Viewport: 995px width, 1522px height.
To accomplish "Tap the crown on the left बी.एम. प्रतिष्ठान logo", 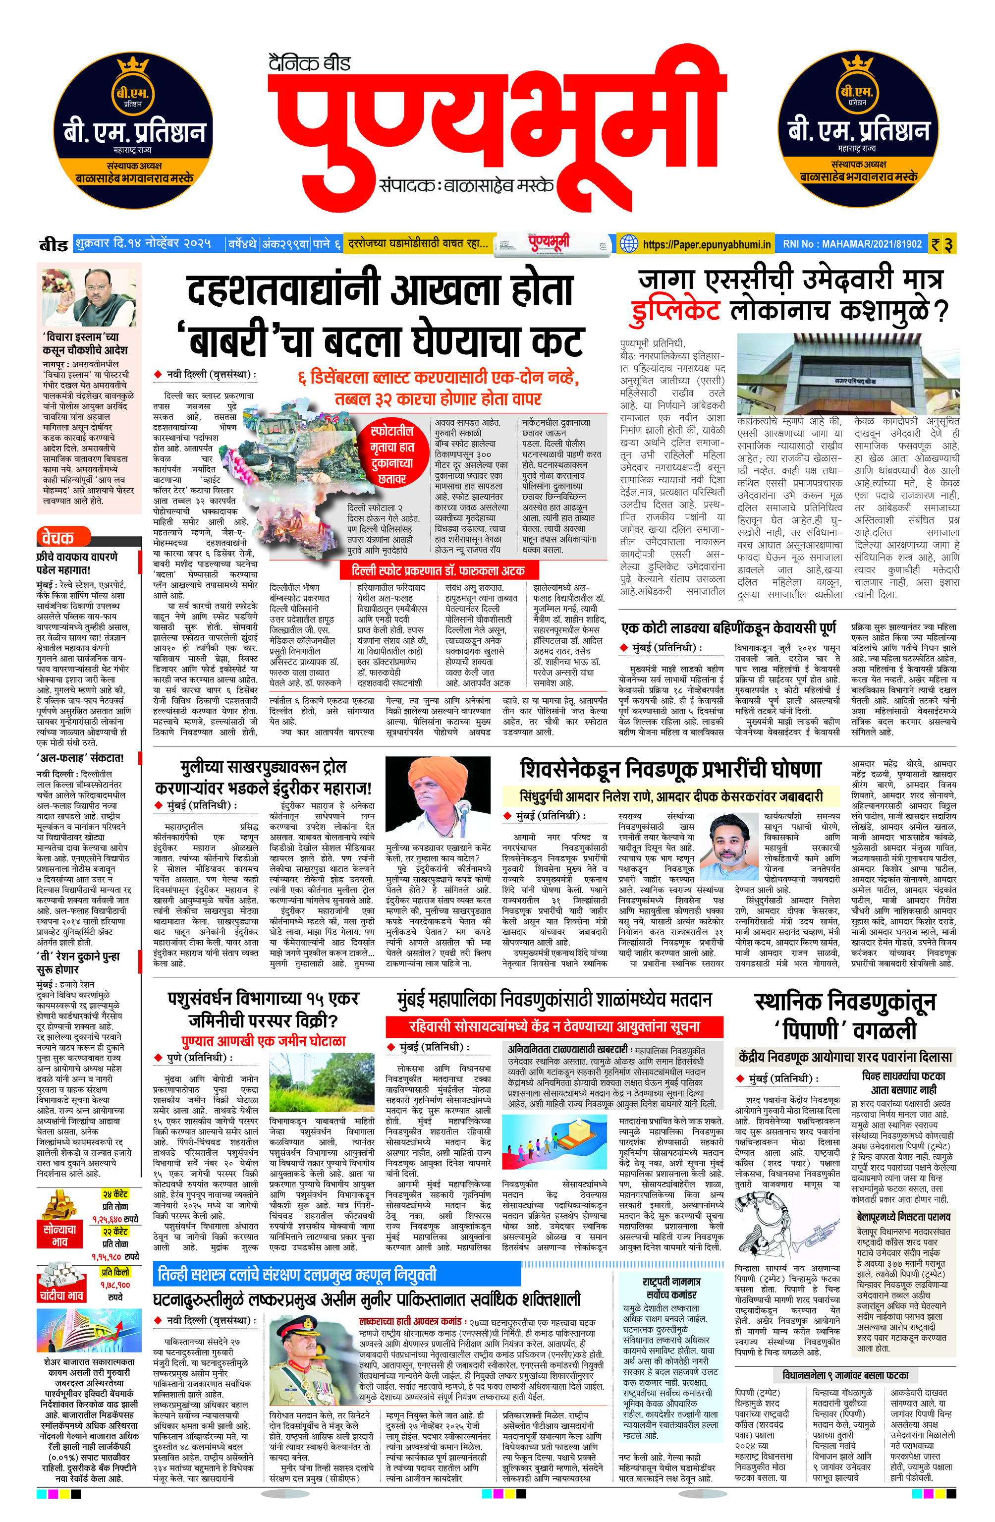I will tap(133, 66).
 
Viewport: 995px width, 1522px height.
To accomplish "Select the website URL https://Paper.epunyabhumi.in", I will tap(706, 244).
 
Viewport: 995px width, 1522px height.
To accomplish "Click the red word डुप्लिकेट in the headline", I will tap(676, 311).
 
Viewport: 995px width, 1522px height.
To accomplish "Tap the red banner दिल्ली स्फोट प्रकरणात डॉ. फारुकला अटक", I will tap(438, 570).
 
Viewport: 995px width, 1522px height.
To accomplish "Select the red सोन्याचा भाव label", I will tap(59, 1235).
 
